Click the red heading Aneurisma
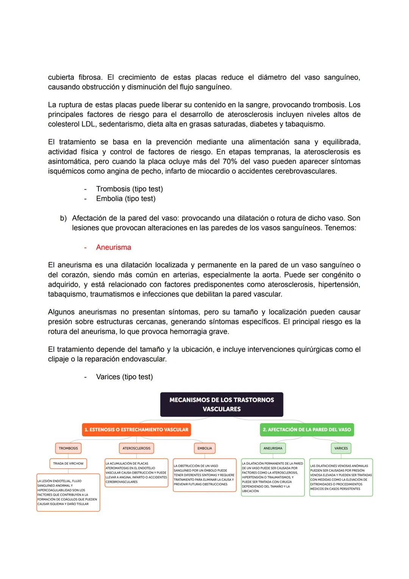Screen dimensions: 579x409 pyautogui.click(x=113, y=248)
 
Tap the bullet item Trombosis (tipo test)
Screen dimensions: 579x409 pyautogui.click(x=129, y=189)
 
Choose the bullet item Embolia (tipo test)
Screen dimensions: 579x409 pyautogui.click(x=125, y=199)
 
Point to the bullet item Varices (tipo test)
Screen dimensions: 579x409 pyautogui.click(x=124, y=377)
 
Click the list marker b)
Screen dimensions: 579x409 pyautogui.click(x=63, y=218)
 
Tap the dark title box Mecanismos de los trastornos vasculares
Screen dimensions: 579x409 pyautogui.click(x=222, y=405)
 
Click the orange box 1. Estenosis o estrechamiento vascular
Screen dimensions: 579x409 pyautogui.click(x=136, y=430)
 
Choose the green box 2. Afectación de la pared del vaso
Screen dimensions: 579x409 pyautogui.click(x=307, y=430)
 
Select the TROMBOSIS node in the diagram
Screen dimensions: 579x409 pyautogui.click(x=68, y=448)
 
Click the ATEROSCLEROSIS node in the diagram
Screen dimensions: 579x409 pyautogui.click(x=136, y=448)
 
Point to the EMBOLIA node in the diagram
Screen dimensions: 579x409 pyautogui.click(x=204, y=448)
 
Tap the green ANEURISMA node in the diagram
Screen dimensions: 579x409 pyautogui.click(x=273, y=448)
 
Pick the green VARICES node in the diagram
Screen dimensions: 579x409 pyautogui.click(x=341, y=448)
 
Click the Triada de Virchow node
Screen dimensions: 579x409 pyautogui.click(x=68, y=463)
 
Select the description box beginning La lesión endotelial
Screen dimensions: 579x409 pyautogui.click(x=68, y=493)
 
